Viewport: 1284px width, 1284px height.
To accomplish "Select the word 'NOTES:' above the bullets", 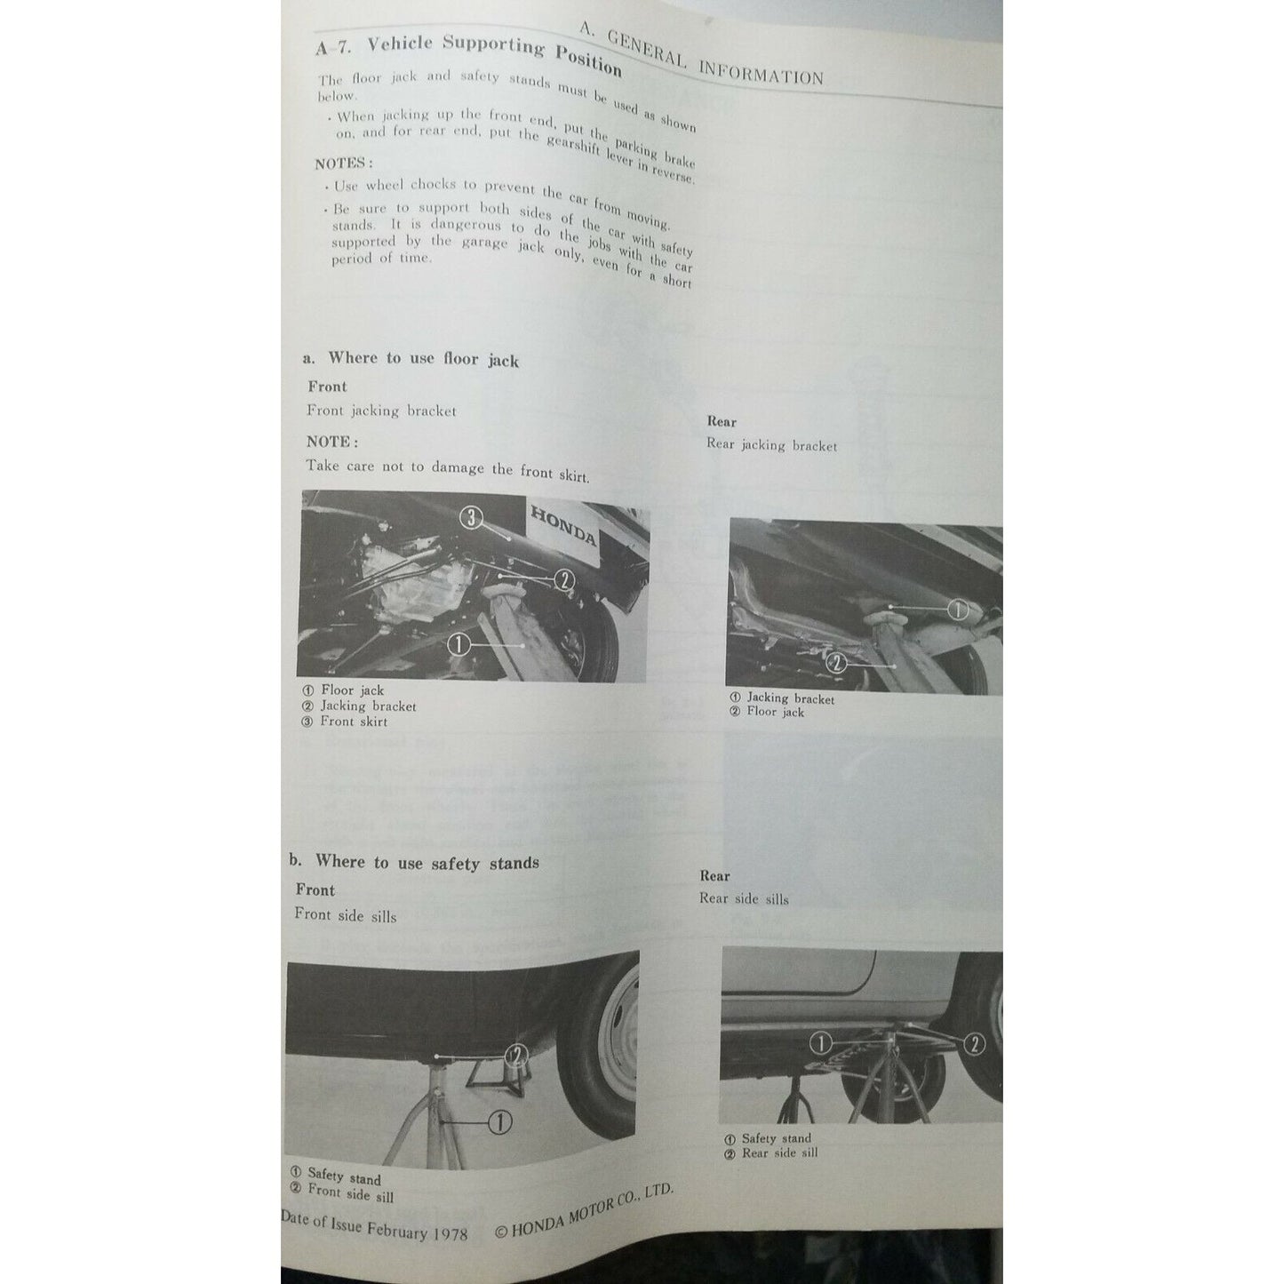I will pos(344,163).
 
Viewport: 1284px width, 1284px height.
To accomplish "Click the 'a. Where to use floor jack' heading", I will pos(411,358).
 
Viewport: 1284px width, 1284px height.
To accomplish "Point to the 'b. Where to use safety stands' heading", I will pos(414,862).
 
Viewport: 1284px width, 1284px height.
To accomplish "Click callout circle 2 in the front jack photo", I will pos(564,579).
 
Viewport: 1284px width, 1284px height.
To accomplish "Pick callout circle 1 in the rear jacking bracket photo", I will pos(957,610).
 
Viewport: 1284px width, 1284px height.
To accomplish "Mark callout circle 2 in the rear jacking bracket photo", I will pos(834,661).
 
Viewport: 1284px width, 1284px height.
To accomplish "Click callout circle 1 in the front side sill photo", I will pos(500,1123).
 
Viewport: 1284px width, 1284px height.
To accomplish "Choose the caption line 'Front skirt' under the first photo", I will pos(353,722).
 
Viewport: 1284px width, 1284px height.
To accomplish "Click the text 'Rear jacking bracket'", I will pos(771,445).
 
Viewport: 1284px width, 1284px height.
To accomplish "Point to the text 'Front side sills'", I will pos(346,914).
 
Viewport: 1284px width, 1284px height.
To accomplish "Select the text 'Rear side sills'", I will pos(744,898).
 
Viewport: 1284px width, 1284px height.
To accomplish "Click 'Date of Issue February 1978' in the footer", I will pos(374,1228).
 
